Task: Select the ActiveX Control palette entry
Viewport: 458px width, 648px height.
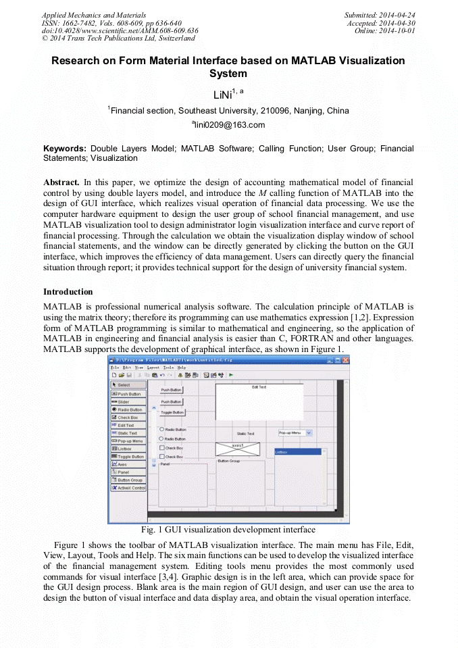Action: click(x=128, y=487)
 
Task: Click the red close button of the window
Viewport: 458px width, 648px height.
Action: click(x=345, y=359)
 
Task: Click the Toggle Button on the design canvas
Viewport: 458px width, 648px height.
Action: click(x=172, y=412)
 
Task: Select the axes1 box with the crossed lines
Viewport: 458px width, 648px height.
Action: click(x=237, y=448)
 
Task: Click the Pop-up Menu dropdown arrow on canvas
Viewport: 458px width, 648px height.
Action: click(x=309, y=432)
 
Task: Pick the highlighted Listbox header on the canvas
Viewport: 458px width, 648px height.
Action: click(x=297, y=451)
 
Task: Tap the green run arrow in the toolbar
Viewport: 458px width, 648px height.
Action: click(x=231, y=374)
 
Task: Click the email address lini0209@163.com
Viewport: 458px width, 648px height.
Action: click(x=228, y=124)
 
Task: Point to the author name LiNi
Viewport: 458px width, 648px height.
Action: click(x=223, y=94)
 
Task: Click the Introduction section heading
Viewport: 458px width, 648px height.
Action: click(x=68, y=292)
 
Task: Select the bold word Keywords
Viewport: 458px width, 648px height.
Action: click(x=65, y=148)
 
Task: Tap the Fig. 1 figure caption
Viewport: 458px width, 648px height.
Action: click(x=228, y=529)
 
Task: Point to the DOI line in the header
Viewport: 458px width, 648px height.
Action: click(x=120, y=31)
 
